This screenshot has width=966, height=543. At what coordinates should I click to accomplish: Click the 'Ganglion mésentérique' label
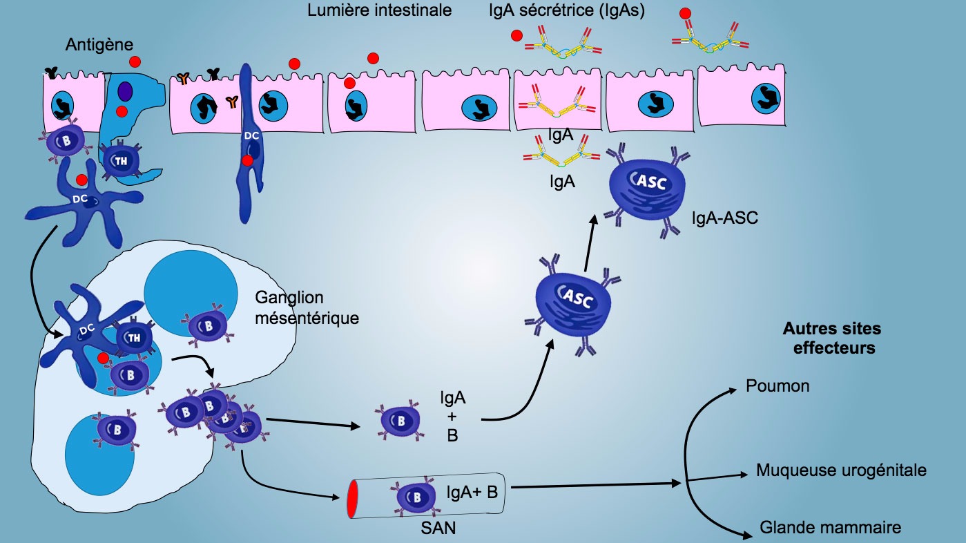click(x=307, y=308)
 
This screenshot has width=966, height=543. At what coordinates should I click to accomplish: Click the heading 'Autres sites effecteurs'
click(x=832, y=339)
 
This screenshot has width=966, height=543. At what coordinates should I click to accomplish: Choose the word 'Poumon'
click(x=777, y=385)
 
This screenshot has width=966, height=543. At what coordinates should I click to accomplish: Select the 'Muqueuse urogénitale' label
click(x=841, y=470)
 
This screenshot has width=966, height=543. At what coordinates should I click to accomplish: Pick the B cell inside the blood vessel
click(x=416, y=497)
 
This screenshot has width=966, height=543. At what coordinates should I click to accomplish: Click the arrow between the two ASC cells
click(x=589, y=243)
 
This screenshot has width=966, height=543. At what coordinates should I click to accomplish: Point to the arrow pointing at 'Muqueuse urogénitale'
click(x=718, y=475)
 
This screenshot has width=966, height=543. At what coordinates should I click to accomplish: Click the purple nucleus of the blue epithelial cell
click(x=124, y=91)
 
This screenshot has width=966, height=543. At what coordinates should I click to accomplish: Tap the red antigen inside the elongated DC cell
click(x=247, y=161)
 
